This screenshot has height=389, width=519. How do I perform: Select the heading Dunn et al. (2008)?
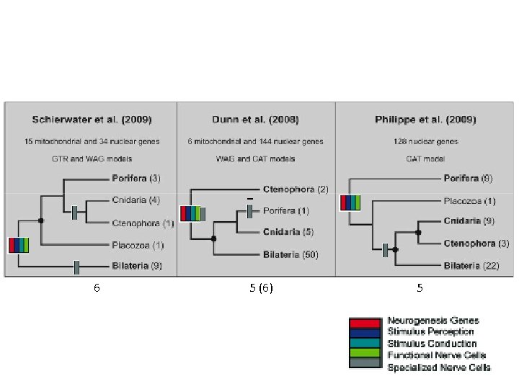(256, 119)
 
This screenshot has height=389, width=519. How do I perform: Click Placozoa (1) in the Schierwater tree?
(138, 245)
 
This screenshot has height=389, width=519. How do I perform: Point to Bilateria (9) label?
(137, 267)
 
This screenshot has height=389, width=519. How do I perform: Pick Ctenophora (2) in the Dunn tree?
(298, 189)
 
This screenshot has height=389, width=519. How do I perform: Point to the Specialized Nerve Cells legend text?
(438, 367)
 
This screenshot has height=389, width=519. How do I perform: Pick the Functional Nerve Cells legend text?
(436, 355)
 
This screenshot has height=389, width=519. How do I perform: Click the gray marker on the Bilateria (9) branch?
(76, 268)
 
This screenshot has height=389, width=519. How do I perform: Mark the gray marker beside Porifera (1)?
(249, 211)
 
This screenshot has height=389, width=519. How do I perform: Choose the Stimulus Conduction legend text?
(432, 344)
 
